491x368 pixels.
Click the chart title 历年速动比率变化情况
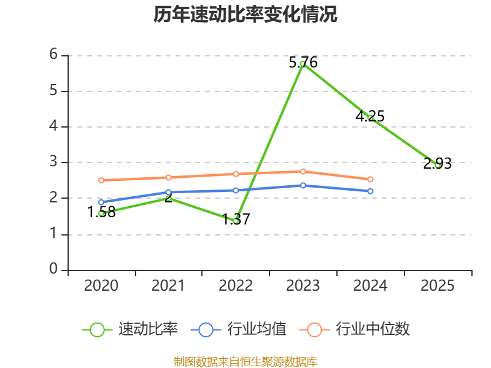pos(245,15)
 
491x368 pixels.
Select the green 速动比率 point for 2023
pos(303,64)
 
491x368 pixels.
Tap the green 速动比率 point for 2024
pos(370,117)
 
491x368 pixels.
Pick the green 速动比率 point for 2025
pos(438,164)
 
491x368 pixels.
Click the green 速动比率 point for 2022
pos(236,220)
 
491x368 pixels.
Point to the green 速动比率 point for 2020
pos(101,213)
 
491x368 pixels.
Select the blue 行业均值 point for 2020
pos(101,202)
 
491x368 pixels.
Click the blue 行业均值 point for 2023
pos(303,185)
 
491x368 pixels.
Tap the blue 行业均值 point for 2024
pos(370,191)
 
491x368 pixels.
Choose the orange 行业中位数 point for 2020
pos(101,180)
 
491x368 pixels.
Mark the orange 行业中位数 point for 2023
pos(303,171)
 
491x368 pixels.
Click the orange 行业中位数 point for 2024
pos(370,179)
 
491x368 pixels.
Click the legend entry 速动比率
pos(130,329)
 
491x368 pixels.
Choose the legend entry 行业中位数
pos(355,329)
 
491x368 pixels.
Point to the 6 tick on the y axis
pos(53,55)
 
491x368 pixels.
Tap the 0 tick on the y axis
pos(53,270)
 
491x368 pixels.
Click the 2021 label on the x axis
pos(168,286)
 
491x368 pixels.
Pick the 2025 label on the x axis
pos(438,286)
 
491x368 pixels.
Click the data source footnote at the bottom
pos(245,361)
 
